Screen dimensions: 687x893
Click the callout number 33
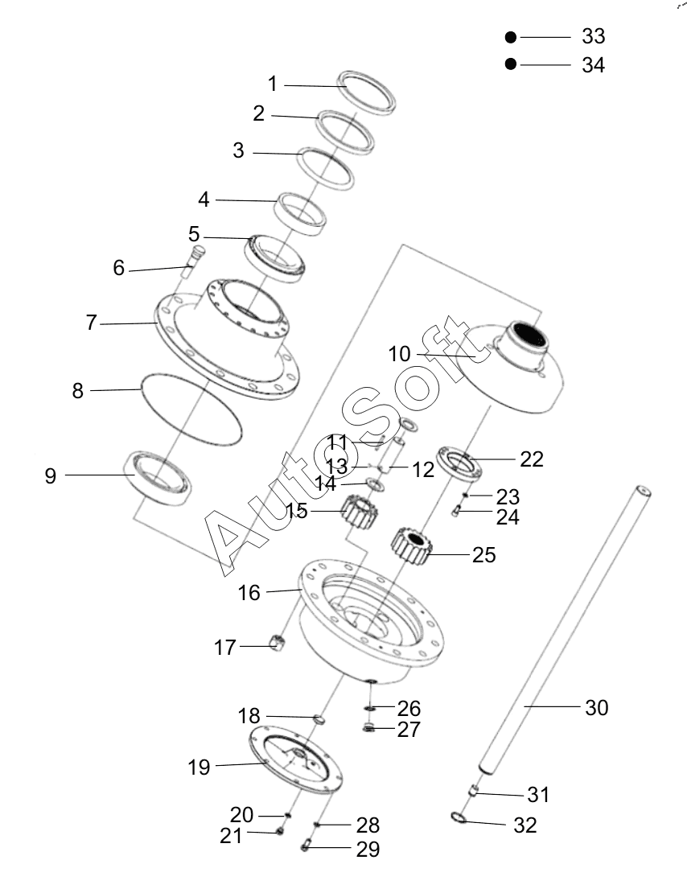click(593, 36)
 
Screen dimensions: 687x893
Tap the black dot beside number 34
click(510, 64)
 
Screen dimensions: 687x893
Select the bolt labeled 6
click(192, 261)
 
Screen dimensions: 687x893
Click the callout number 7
click(91, 323)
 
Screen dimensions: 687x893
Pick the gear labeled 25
click(411, 547)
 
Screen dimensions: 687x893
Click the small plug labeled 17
click(277, 643)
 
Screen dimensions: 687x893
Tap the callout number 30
click(596, 708)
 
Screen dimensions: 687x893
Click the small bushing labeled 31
click(473, 791)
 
